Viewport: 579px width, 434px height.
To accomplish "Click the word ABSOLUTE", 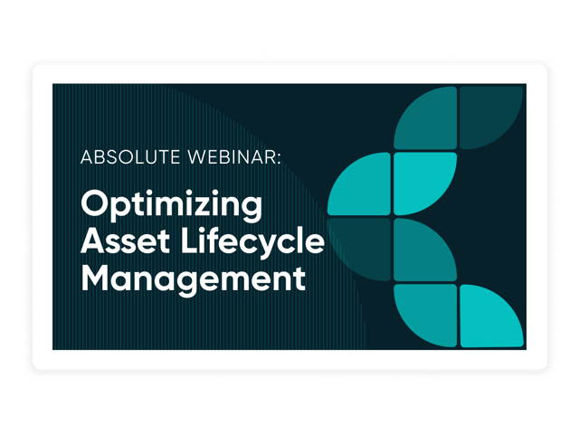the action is [x=130, y=156].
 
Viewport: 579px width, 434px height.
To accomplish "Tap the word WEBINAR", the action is [x=232, y=156].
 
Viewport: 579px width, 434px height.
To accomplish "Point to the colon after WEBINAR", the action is [x=279, y=159].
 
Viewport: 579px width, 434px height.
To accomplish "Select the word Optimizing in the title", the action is [x=172, y=205].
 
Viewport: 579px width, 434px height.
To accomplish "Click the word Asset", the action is [x=125, y=241].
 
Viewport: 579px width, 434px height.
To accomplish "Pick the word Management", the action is [x=193, y=279].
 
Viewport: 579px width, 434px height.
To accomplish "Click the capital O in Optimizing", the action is [x=94, y=203].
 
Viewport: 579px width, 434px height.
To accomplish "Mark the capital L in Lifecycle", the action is [x=190, y=241].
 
